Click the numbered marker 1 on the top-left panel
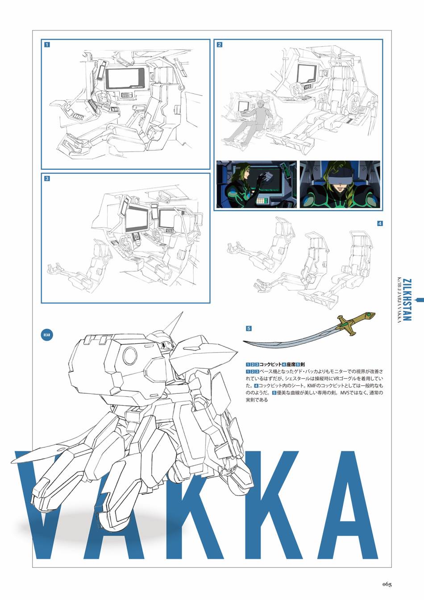pyautogui.click(x=47, y=44)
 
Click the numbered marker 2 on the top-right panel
pyautogui.click(x=219, y=44)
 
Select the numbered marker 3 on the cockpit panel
pyautogui.click(x=47, y=178)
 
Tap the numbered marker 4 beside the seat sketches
pyautogui.click(x=380, y=223)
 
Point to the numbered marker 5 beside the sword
pyautogui.click(x=249, y=329)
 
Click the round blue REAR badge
pyautogui.click(x=47, y=334)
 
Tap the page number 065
pyautogui.click(x=387, y=584)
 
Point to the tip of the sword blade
pyautogui.click(x=245, y=342)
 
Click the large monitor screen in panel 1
pyautogui.click(x=125, y=77)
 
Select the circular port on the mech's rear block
pyautogui.click(x=130, y=356)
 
